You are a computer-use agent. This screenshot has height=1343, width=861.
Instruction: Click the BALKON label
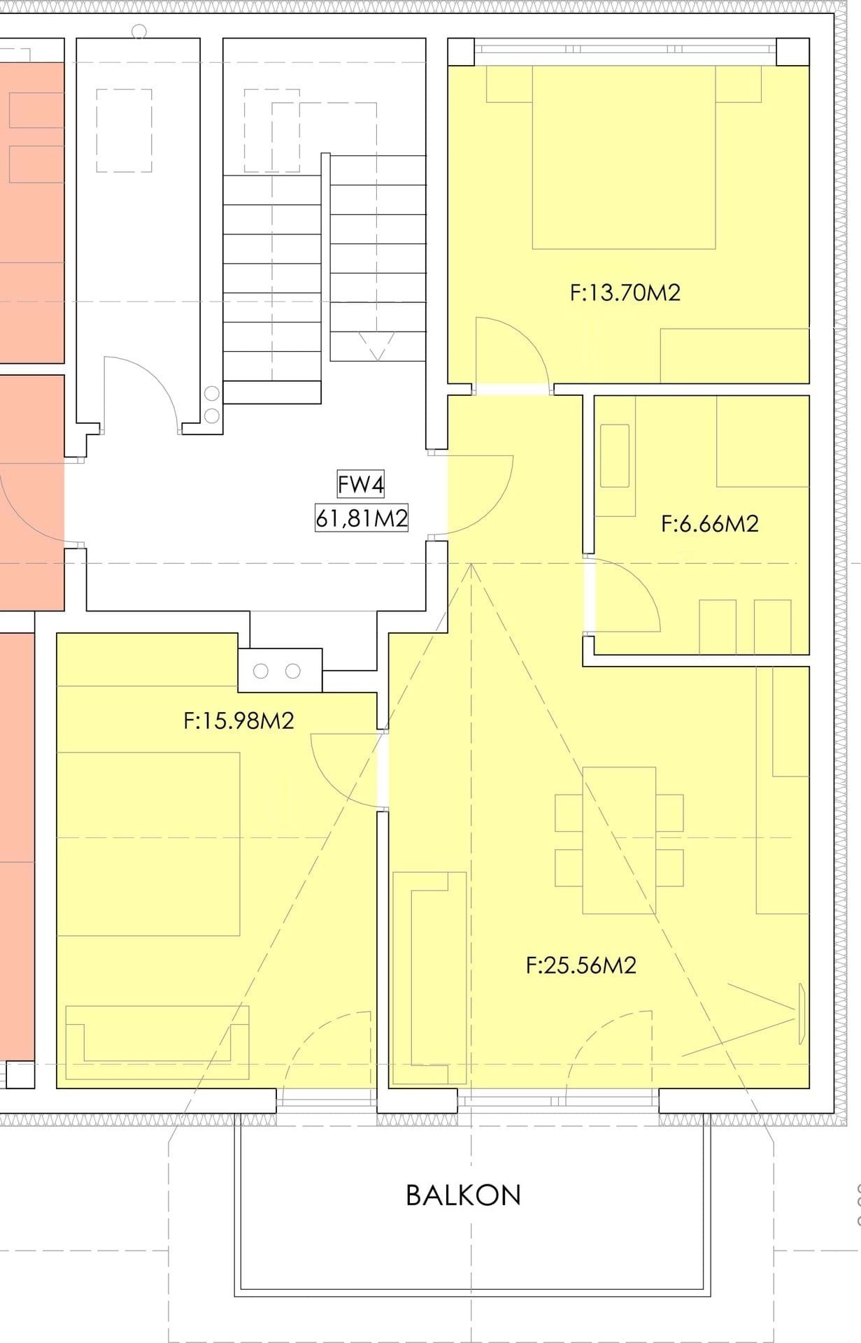463,1195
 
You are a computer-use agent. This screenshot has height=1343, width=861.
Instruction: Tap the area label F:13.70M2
625,292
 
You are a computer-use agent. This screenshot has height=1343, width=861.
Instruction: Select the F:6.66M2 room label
709,523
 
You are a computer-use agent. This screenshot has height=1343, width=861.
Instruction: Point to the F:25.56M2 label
581,965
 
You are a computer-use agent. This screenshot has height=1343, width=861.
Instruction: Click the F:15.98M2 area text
239,720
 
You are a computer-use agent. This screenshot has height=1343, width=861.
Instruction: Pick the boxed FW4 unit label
361,484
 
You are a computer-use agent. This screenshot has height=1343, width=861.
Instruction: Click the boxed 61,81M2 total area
362,518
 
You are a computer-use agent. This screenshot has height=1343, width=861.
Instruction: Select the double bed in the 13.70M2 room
624,157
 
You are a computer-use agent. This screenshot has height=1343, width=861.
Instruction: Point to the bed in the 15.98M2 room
148,844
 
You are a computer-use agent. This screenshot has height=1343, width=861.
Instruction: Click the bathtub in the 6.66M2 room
615,456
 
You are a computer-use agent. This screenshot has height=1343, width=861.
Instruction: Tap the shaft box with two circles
280,671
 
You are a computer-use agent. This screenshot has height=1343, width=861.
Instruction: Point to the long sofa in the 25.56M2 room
429,978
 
